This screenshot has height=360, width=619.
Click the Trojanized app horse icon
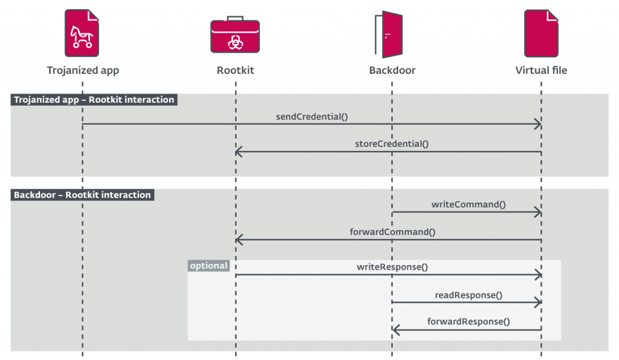[x=82, y=33]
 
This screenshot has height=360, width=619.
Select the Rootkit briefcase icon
[x=235, y=34]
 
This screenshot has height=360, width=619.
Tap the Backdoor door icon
[x=389, y=34]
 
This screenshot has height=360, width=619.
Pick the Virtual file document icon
[x=541, y=33]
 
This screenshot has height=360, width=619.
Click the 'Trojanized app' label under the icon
[x=83, y=71]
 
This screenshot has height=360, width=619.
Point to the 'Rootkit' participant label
[x=235, y=70]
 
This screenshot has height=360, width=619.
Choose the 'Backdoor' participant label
[x=392, y=70]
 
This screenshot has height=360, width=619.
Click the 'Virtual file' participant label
[x=541, y=70]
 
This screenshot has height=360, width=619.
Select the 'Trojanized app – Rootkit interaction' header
[x=94, y=100]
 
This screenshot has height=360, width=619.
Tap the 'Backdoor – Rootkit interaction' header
[x=82, y=194]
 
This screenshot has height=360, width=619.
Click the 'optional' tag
[x=209, y=266]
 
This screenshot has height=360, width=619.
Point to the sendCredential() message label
[x=312, y=117]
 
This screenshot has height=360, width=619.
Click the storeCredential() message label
[x=392, y=144]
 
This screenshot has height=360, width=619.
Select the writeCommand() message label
[x=468, y=205]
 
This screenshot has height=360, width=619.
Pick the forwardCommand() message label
[x=392, y=232]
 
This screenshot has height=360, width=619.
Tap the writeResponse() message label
[x=392, y=267]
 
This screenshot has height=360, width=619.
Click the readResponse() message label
[x=468, y=295]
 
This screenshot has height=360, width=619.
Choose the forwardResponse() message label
[x=468, y=322]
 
